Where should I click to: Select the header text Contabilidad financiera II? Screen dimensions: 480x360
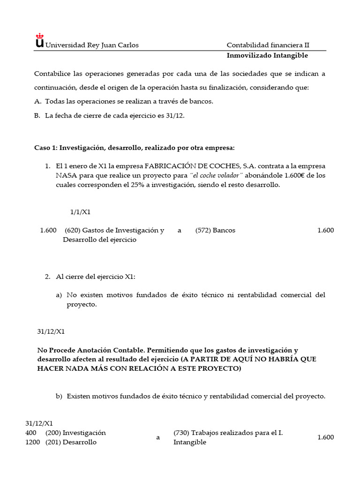[x=268, y=45]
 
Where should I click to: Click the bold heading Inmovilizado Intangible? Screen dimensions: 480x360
[x=267, y=55]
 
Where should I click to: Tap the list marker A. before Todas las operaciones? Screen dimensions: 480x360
[x=37, y=101]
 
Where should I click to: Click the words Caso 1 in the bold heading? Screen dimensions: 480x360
[x=45, y=148]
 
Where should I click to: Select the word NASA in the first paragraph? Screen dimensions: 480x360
[x=65, y=175]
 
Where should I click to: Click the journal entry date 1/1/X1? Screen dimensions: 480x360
[x=80, y=212]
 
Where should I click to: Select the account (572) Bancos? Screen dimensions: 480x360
[x=215, y=230]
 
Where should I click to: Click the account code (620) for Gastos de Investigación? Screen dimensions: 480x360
[x=73, y=230]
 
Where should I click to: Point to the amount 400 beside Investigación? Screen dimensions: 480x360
[x=31, y=433]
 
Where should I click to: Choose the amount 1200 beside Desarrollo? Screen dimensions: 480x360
[x=32, y=442]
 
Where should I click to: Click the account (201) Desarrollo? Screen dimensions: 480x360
[x=71, y=442]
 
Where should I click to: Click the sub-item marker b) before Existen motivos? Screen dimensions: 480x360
[x=59, y=396]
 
